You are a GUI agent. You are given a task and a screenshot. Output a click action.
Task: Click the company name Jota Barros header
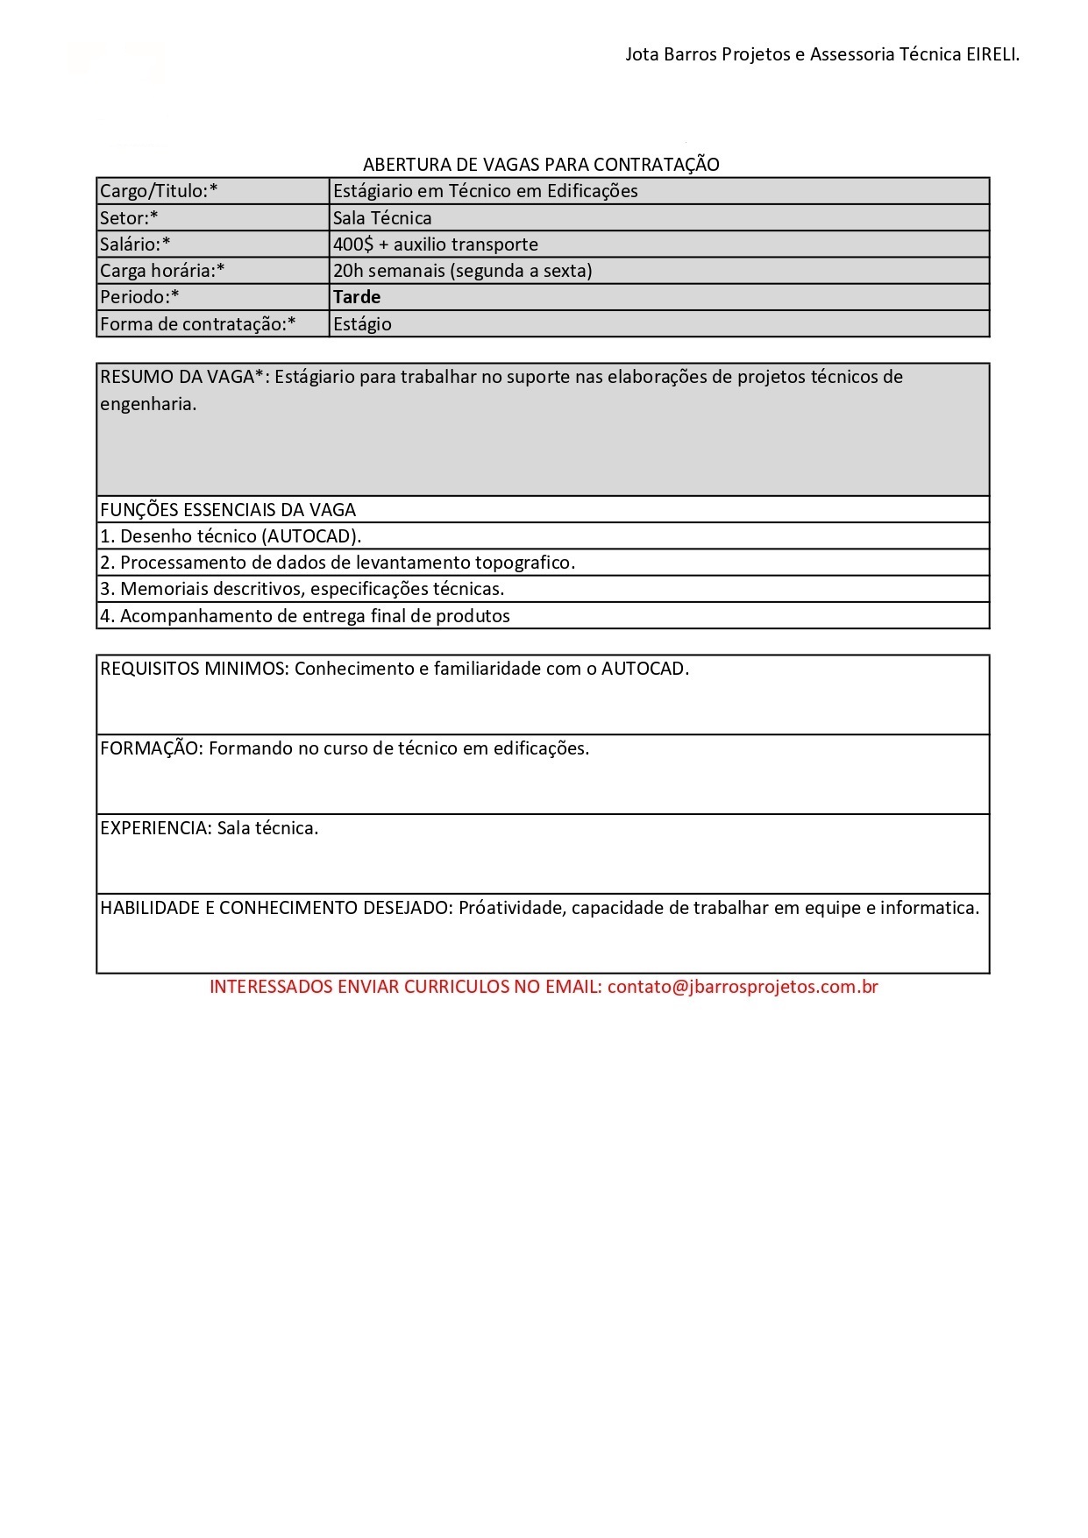[x=821, y=54]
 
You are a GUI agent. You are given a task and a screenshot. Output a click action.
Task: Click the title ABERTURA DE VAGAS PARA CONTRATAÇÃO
[x=541, y=165]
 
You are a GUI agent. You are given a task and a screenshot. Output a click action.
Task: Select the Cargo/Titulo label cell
[x=159, y=191]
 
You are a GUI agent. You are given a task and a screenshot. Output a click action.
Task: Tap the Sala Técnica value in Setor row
[x=382, y=218]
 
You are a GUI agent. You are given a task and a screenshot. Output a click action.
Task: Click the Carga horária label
[x=162, y=271]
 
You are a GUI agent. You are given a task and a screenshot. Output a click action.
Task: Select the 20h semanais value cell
[x=462, y=271]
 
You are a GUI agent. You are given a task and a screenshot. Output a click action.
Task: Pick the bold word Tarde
[x=357, y=297]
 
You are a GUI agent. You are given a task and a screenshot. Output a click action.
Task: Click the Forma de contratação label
[x=197, y=324]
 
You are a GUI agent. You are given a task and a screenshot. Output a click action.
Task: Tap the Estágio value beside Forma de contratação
[x=362, y=324]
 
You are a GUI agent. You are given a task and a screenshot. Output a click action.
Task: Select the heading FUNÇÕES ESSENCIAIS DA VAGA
[x=228, y=510]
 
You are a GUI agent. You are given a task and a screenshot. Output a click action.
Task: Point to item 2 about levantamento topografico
[x=338, y=563]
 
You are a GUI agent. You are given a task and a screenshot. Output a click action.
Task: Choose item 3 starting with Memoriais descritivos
[x=302, y=589]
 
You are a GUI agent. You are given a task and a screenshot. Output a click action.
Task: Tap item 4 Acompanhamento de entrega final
[x=305, y=616]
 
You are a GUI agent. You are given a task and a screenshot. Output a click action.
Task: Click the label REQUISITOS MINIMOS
[x=194, y=669]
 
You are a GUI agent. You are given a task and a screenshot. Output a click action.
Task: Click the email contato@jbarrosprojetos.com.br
[x=743, y=987]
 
